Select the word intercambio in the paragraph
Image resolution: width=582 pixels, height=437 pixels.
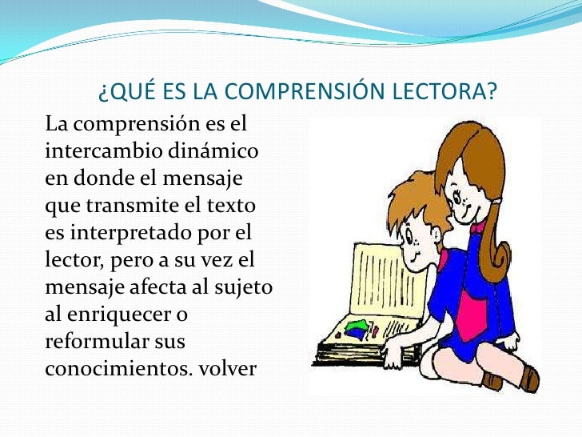tap(94, 150)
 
